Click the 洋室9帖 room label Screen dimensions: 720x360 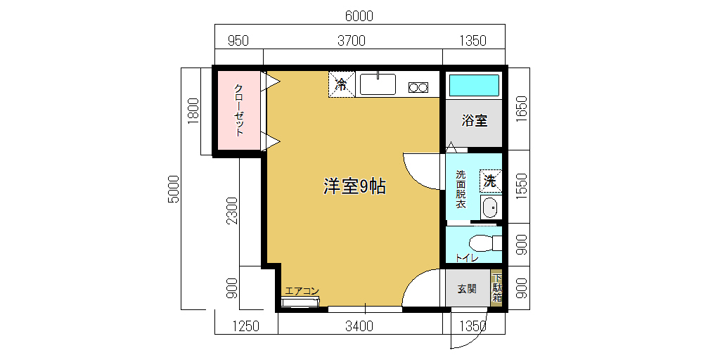[x=354, y=186]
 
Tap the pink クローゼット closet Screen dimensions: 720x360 [x=239, y=110]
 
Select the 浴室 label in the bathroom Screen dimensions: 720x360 [x=475, y=121]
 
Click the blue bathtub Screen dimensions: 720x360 [x=474, y=85]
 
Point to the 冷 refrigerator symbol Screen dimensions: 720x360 [x=342, y=84]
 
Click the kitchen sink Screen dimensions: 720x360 [x=378, y=84]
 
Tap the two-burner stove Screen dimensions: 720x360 [x=418, y=86]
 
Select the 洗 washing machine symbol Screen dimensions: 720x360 [x=491, y=181]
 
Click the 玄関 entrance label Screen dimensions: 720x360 [x=467, y=289]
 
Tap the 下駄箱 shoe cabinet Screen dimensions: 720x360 [x=497, y=288]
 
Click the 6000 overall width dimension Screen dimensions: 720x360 [x=359, y=17]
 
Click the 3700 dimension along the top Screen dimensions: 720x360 [x=352, y=41]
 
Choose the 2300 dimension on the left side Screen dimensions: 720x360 [x=233, y=210]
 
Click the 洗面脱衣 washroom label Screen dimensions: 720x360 [x=461, y=190]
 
